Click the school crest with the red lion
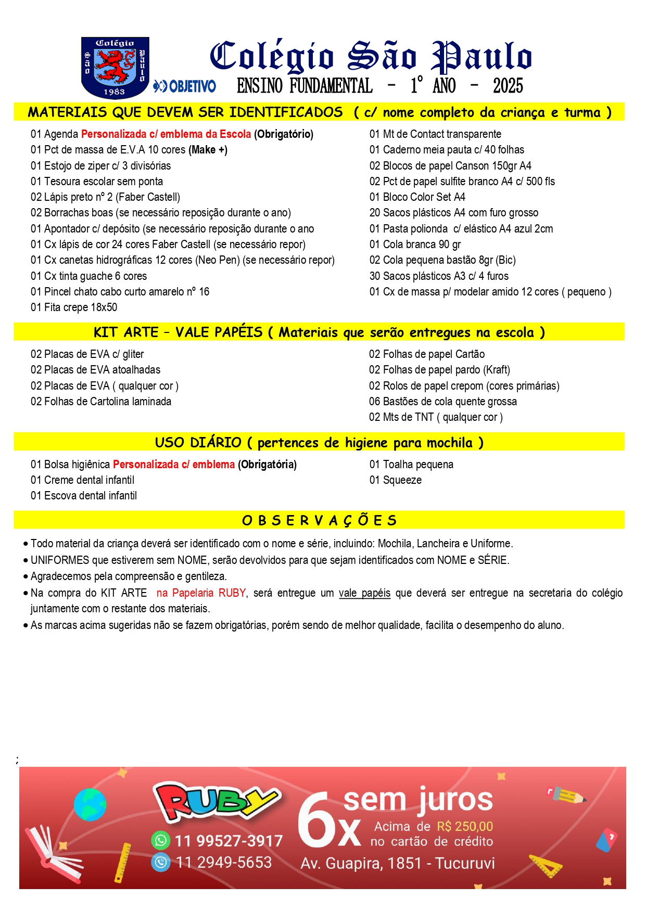click(x=115, y=67)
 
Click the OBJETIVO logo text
click(x=185, y=86)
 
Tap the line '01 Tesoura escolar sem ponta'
click(x=97, y=182)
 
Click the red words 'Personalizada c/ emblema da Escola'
click(x=166, y=134)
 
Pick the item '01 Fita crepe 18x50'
click(x=74, y=307)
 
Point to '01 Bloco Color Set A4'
click(x=417, y=197)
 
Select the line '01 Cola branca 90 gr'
click(x=415, y=245)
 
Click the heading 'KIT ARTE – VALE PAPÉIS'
click(x=178, y=332)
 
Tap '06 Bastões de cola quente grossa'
click(x=442, y=402)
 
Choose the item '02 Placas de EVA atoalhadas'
click(x=95, y=370)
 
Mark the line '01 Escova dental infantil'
click(x=84, y=496)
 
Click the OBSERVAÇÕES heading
click(x=319, y=520)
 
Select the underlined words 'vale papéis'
click(x=364, y=593)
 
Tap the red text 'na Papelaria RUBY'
click(x=201, y=593)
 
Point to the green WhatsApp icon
click(x=160, y=840)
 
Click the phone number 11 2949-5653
click(x=224, y=863)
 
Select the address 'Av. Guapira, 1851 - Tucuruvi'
click(x=397, y=864)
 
